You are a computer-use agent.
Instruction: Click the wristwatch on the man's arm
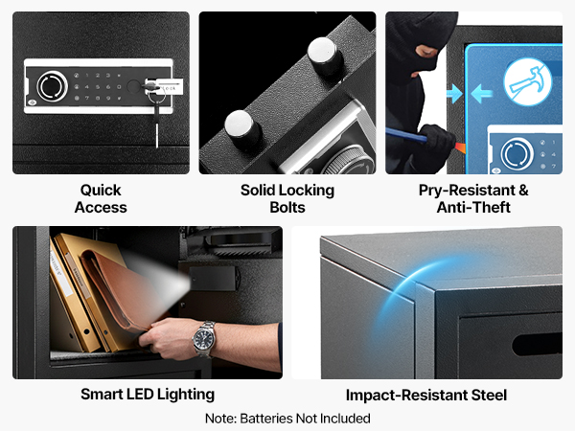tap(204, 339)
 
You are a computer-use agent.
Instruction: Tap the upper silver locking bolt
tap(324, 54)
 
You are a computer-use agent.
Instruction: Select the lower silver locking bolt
tap(242, 127)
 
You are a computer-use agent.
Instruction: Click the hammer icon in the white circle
tap(528, 81)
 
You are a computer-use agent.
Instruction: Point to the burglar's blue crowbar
tap(408, 136)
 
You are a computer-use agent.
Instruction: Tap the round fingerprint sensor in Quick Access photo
tap(53, 86)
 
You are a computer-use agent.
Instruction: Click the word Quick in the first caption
tap(101, 191)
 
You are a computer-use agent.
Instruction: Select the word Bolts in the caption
tap(287, 208)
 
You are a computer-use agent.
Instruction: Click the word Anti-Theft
tap(473, 208)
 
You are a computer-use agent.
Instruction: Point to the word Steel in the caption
tap(489, 395)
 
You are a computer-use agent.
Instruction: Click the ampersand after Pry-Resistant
tap(523, 191)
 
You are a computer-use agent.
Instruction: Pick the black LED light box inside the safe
tap(213, 279)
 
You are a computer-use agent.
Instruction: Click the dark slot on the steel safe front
tap(537, 344)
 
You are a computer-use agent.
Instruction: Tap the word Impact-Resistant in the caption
tap(406, 395)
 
